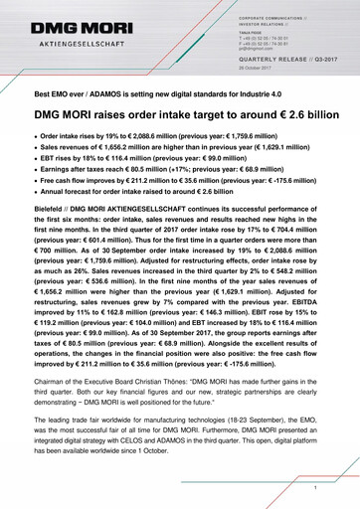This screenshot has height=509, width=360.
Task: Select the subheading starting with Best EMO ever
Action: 148,92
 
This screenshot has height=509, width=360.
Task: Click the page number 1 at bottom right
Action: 314,488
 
